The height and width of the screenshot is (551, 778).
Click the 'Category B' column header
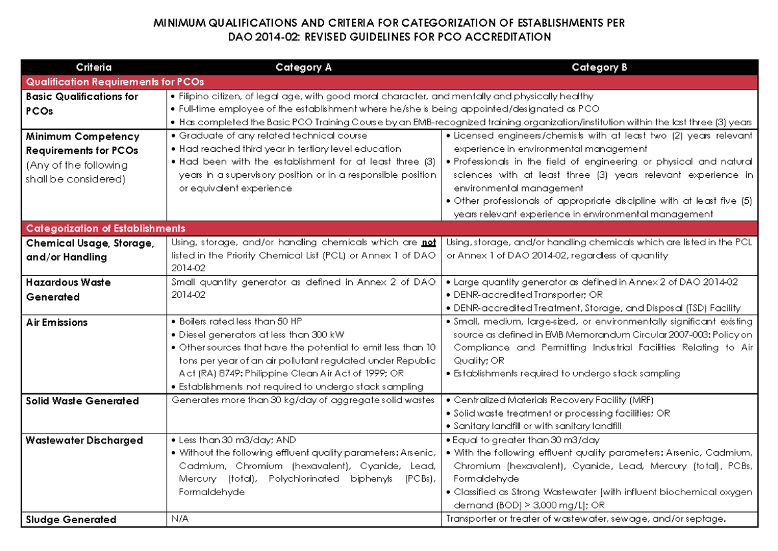click(599, 67)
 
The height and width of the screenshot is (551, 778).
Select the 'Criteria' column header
click(93, 67)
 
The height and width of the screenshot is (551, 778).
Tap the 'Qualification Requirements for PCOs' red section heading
click(114, 82)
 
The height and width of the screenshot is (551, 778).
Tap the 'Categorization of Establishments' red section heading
click(105, 228)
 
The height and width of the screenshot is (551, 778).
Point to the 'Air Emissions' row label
click(56, 323)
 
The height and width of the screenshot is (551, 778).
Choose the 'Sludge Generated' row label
click(71, 519)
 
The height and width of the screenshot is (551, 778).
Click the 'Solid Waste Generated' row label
click(82, 401)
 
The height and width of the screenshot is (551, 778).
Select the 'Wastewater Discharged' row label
click(84, 440)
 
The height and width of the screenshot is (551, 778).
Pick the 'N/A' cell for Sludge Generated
click(180, 519)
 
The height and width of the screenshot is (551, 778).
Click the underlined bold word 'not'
click(429, 243)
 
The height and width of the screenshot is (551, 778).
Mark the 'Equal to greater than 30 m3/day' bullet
click(526, 440)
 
